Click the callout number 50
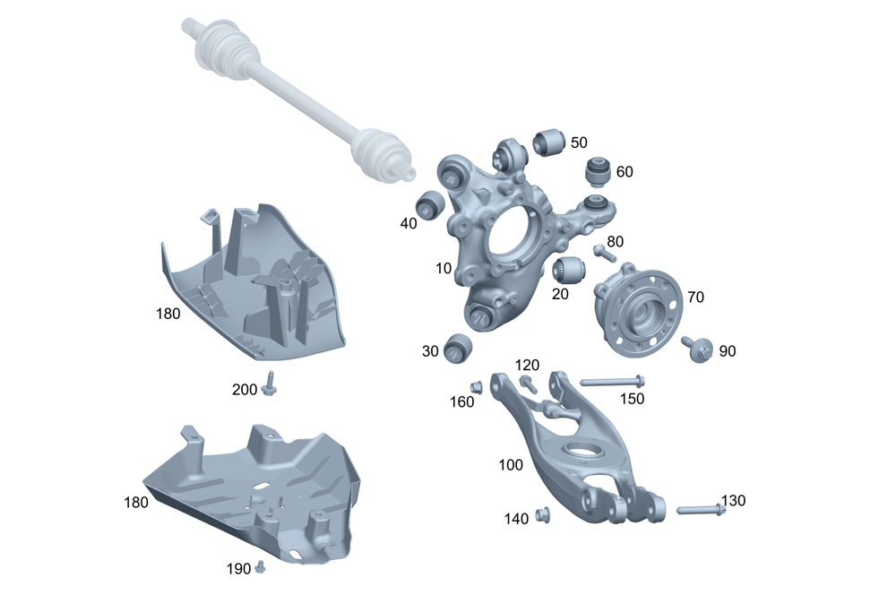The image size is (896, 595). (579, 142)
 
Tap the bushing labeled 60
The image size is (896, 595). (598, 171)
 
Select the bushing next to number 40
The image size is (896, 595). (430, 204)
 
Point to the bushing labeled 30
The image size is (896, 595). (458, 348)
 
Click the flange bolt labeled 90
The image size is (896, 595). (698, 348)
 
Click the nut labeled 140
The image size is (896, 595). (543, 515)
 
